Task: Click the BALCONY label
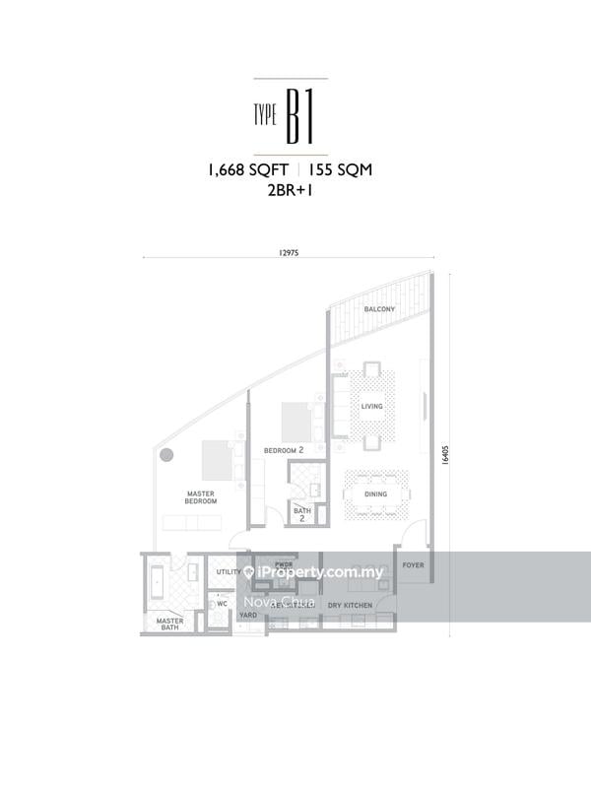point(379,309)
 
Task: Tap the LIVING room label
point(371,406)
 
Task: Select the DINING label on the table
point(375,494)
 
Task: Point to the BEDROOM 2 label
point(282,450)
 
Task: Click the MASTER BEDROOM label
point(201,496)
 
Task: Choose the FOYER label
point(412,565)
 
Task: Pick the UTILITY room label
point(229,572)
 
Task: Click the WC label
point(222,604)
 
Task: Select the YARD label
point(248,615)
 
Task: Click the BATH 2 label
point(301,514)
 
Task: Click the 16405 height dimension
point(446,454)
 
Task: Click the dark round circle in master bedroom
point(166,455)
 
